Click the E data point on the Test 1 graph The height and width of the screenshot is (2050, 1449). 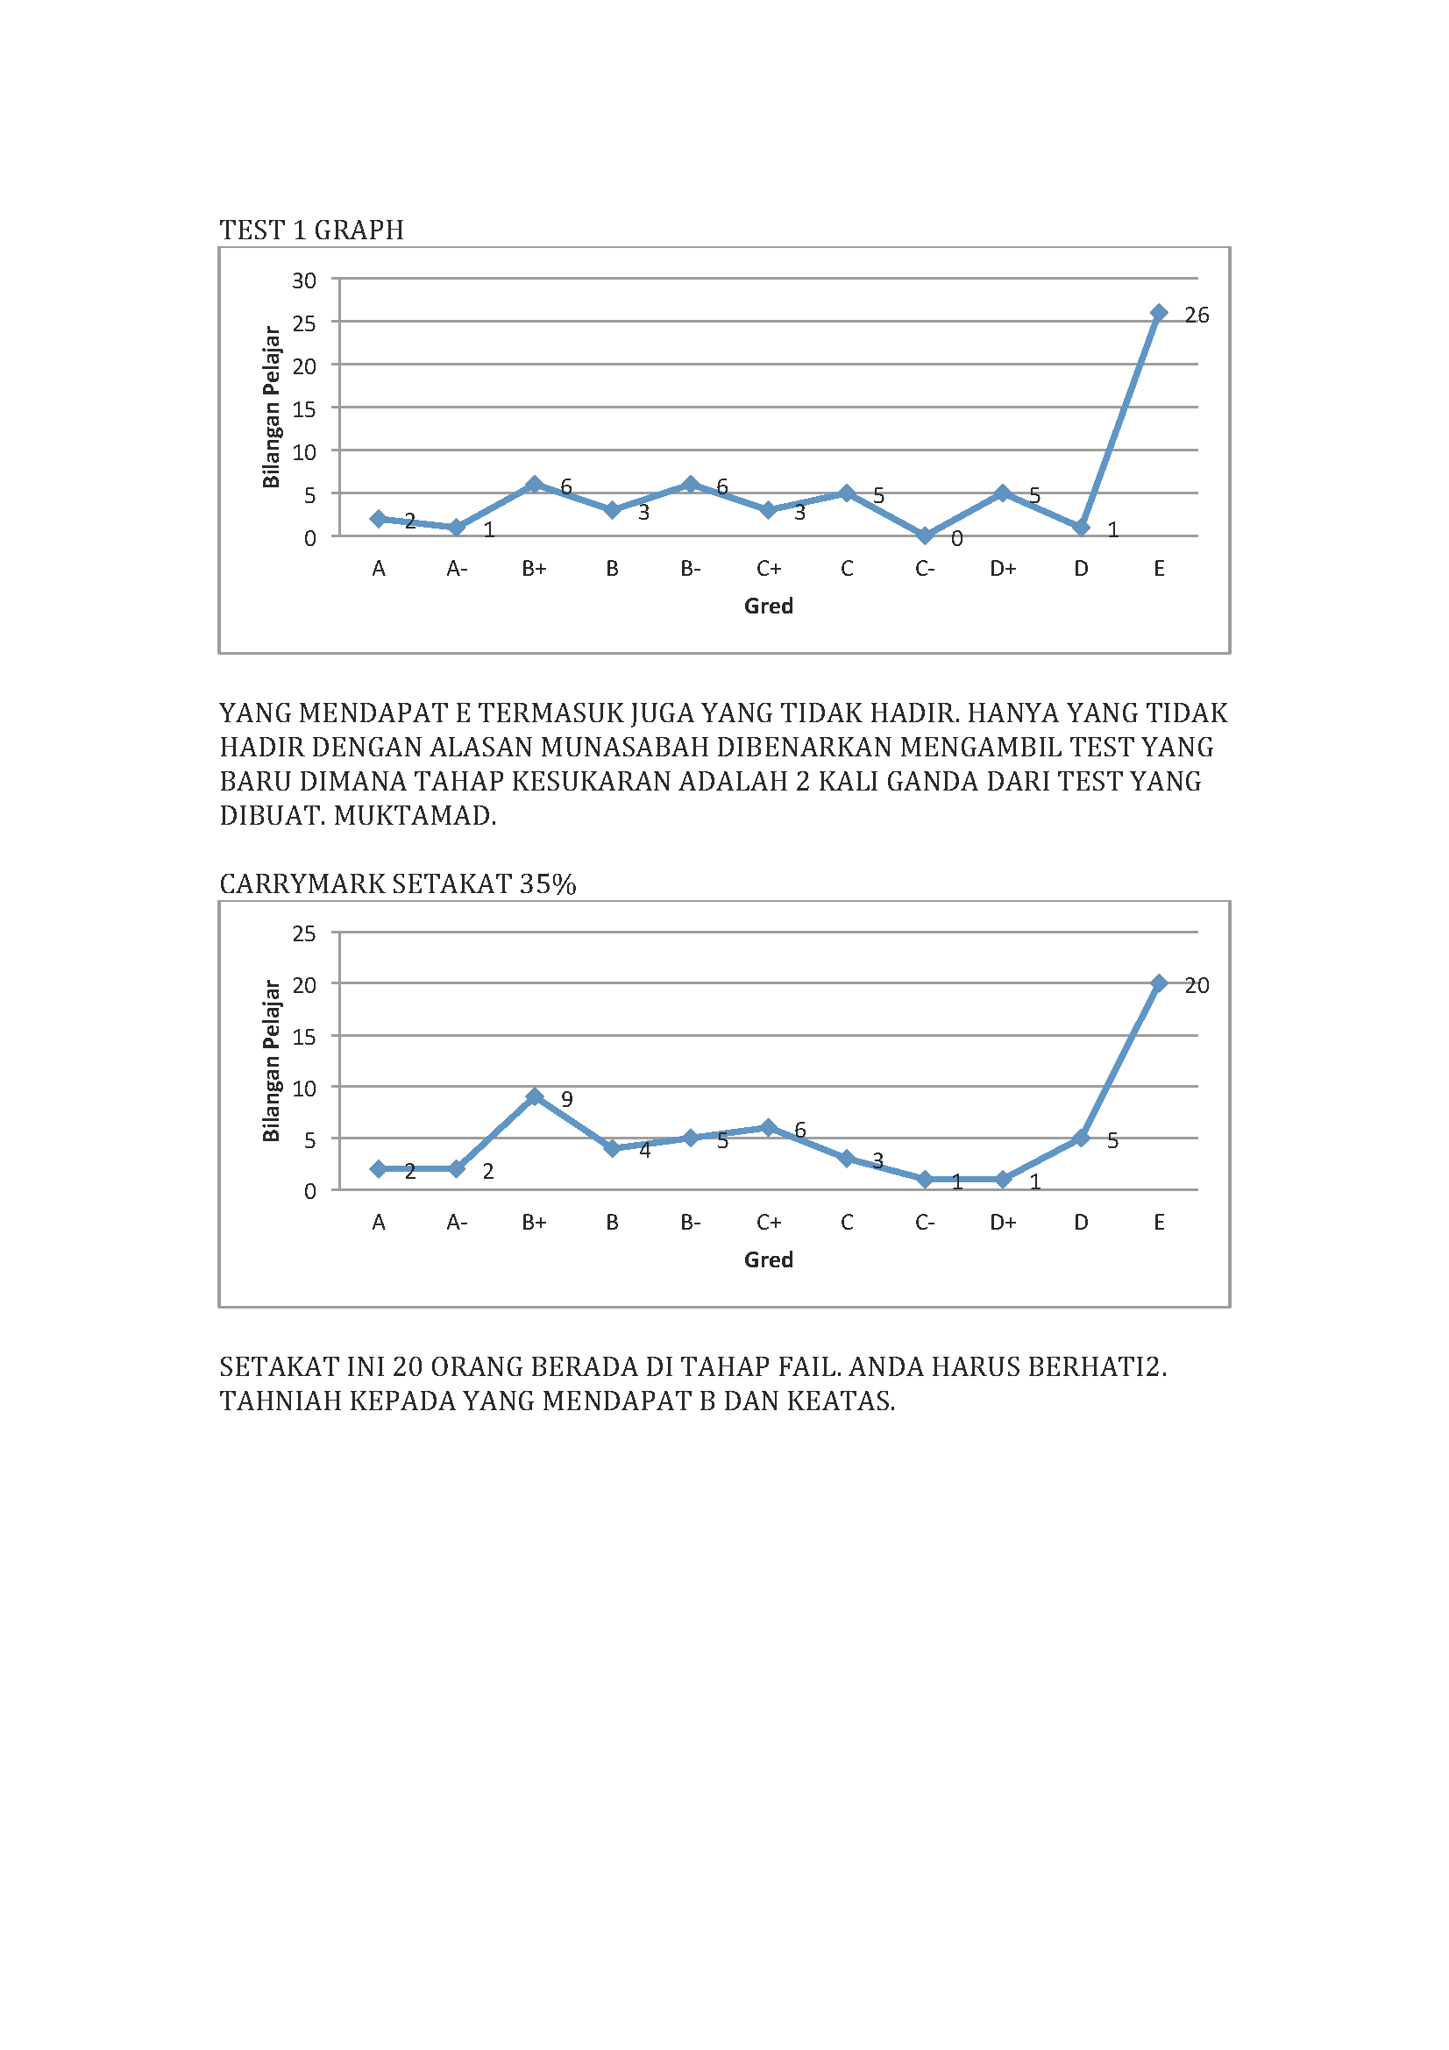point(1158,313)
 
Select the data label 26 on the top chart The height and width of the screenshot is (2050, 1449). point(1197,316)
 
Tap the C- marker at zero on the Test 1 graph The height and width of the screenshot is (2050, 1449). point(925,536)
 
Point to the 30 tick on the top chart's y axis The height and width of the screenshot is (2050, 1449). point(304,281)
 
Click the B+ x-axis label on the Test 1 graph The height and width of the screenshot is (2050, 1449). point(534,569)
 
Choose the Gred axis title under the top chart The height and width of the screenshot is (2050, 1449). point(768,606)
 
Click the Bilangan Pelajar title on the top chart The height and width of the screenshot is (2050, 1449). point(272,408)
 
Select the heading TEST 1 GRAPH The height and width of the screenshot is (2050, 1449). point(311,231)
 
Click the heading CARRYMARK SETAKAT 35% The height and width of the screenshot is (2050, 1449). point(397,884)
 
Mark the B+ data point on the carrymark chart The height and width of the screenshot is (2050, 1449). point(534,1096)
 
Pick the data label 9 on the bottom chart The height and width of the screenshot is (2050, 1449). point(566,1099)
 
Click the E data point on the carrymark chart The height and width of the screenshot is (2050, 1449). point(1158,983)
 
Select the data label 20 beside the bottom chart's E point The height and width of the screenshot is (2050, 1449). point(1197,986)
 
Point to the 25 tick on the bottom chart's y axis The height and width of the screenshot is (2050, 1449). point(304,934)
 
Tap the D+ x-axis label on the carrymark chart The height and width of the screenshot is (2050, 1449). point(1003,1223)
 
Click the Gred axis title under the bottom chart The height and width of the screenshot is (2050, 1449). point(768,1259)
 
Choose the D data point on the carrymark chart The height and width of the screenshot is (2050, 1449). point(1080,1138)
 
